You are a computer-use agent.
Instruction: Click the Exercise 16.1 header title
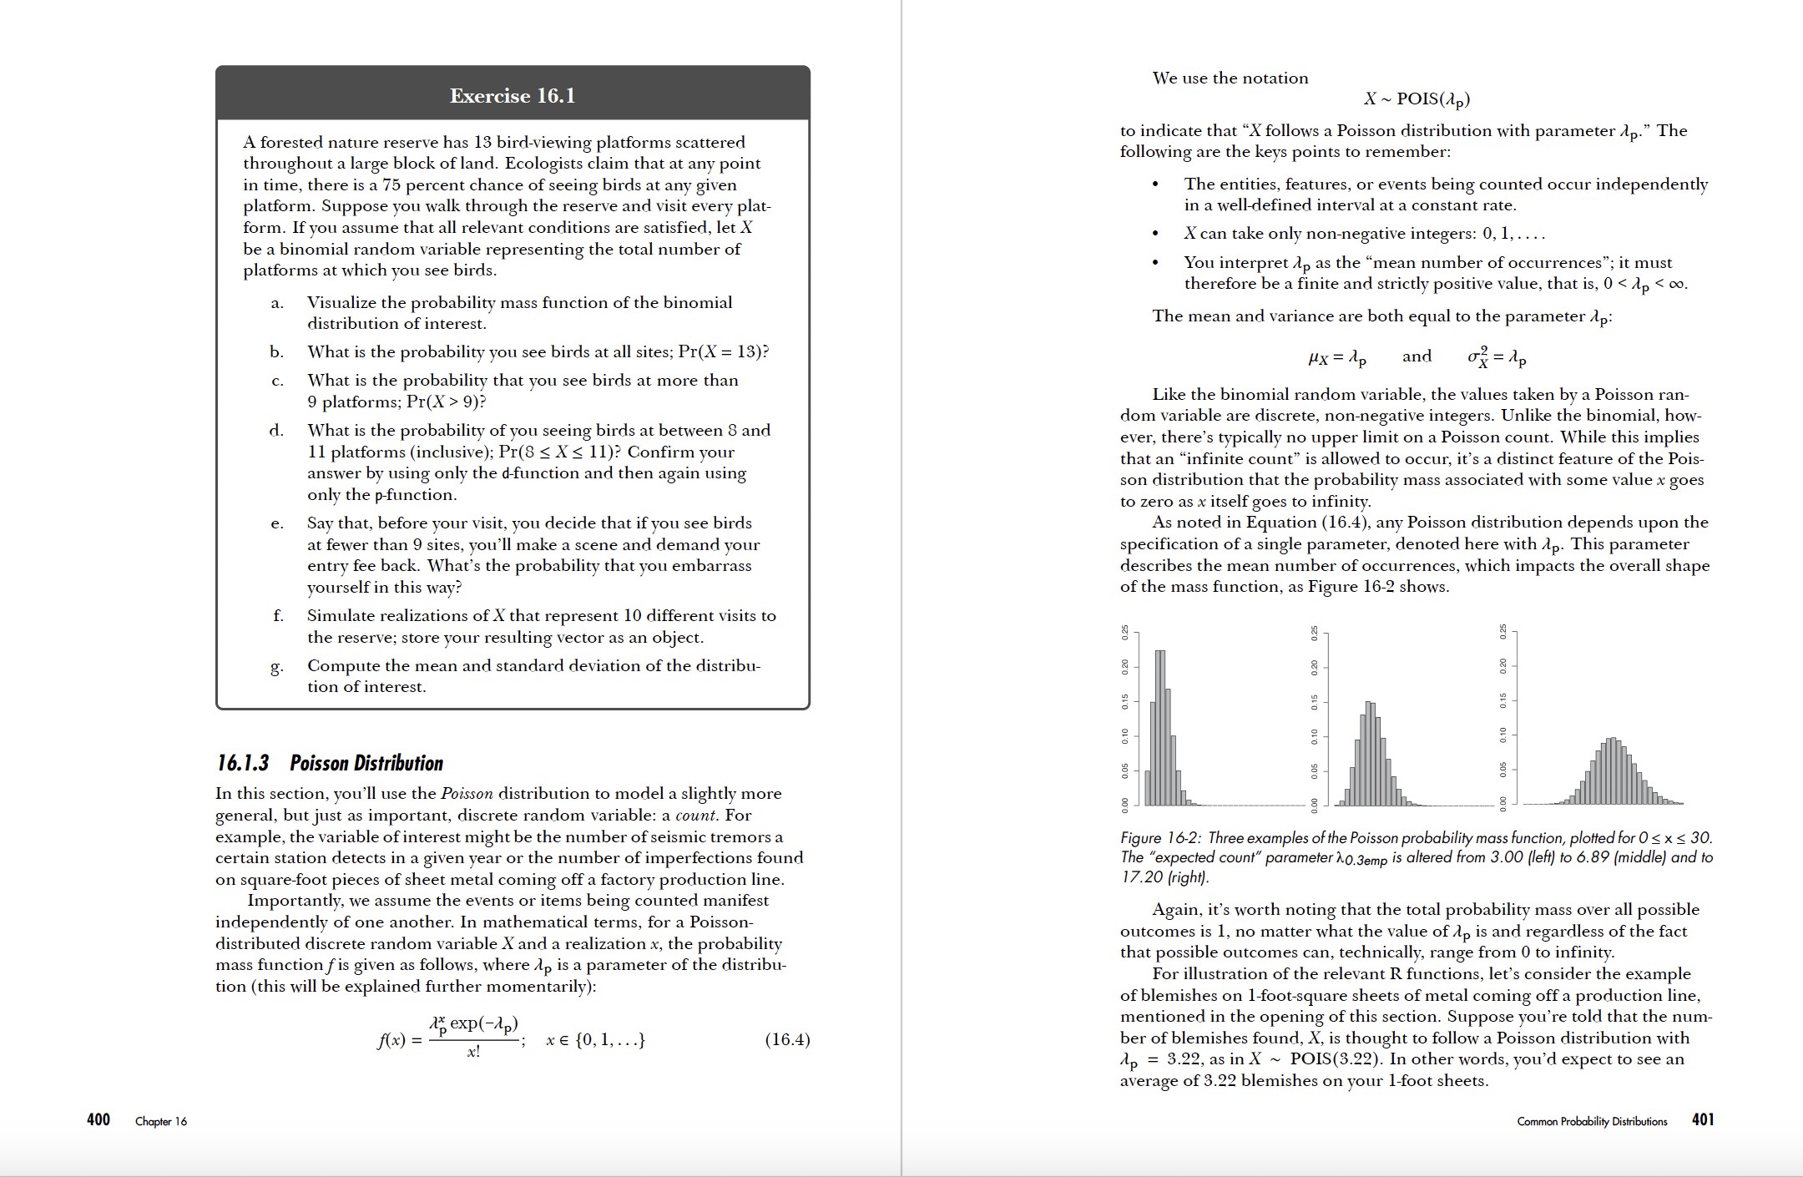pyautogui.click(x=513, y=96)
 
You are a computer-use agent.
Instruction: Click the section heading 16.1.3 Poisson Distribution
pyautogui.click(x=330, y=763)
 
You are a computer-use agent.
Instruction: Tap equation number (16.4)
pyautogui.click(x=787, y=1039)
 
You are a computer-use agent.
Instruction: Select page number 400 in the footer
pyautogui.click(x=98, y=1119)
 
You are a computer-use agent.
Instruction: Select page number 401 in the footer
pyautogui.click(x=1703, y=1119)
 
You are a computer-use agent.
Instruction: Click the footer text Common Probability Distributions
pyautogui.click(x=1592, y=1121)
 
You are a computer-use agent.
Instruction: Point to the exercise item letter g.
pyautogui.click(x=276, y=666)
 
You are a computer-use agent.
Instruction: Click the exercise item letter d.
pyautogui.click(x=276, y=431)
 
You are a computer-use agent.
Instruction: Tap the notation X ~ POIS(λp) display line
pyautogui.click(x=1417, y=99)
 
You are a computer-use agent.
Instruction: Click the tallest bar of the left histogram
pyautogui.click(x=1160, y=726)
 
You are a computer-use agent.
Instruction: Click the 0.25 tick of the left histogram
pyautogui.click(x=1124, y=633)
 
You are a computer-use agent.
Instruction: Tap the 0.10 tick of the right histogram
pyautogui.click(x=1503, y=735)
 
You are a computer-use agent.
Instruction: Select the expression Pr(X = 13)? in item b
pyautogui.click(x=724, y=351)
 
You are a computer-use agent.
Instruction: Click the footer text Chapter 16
pyautogui.click(x=161, y=1121)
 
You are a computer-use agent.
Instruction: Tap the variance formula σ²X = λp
pyautogui.click(x=1497, y=357)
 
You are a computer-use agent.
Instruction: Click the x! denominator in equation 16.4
pyautogui.click(x=473, y=1053)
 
